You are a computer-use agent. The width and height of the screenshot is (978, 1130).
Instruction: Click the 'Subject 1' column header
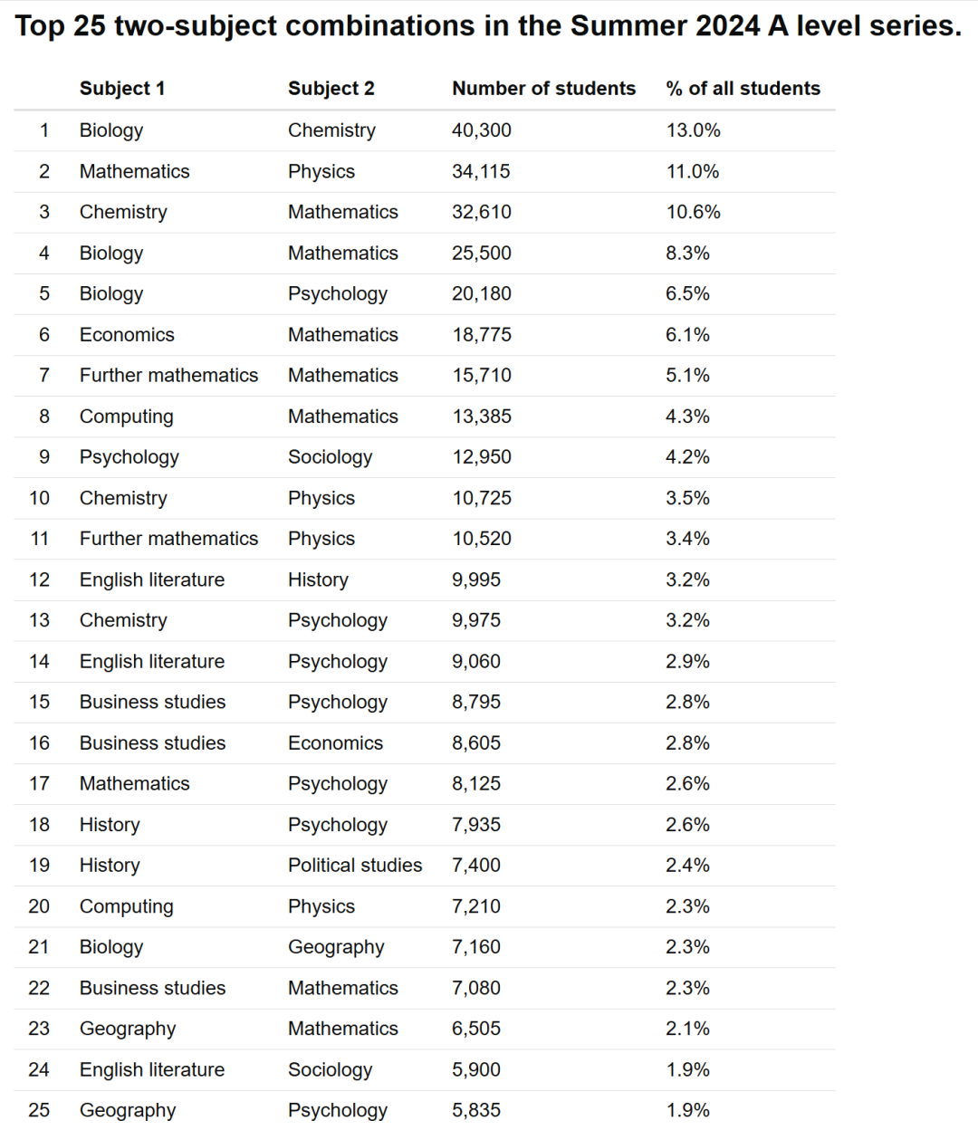pyautogui.click(x=122, y=89)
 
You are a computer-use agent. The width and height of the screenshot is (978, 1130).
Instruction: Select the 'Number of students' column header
pyautogui.click(x=543, y=89)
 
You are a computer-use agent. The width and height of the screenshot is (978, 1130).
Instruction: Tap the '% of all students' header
pyautogui.click(x=743, y=89)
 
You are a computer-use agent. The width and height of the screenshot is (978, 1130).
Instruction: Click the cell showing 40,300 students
pyautogui.click(x=482, y=130)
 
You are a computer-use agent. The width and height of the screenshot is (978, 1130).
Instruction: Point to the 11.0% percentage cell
pyautogui.click(x=693, y=171)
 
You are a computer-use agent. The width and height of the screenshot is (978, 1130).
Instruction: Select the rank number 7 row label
pyautogui.click(x=44, y=376)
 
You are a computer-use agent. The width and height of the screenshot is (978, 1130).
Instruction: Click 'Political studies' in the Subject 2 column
pyautogui.click(x=355, y=866)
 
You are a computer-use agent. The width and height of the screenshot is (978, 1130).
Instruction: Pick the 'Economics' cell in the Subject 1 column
pyautogui.click(x=127, y=335)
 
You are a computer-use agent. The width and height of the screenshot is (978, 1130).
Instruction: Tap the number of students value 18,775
pyautogui.click(x=482, y=335)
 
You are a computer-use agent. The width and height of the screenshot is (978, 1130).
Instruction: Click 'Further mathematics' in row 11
pyautogui.click(x=168, y=539)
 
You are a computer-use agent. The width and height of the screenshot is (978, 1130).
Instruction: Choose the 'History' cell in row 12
pyautogui.click(x=318, y=579)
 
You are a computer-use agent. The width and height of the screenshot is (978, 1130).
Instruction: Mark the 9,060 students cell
pyautogui.click(x=476, y=662)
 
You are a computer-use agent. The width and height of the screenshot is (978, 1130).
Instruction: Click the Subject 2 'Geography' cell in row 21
pyautogui.click(x=336, y=947)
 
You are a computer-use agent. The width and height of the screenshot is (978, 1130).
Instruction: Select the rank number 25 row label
pyautogui.click(x=39, y=1110)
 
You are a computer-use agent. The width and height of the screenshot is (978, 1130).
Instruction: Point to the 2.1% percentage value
pyautogui.click(x=687, y=1029)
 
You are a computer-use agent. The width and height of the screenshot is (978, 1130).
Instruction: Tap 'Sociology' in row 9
pyautogui.click(x=330, y=457)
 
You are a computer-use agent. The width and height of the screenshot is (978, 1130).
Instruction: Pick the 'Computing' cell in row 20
pyautogui.click(x=126, y=906)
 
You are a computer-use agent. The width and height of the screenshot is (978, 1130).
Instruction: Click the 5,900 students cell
pyautogui.click(x=476, y=1069)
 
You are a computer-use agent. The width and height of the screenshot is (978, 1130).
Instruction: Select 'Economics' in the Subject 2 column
pyautogui.click(x=335, y=743)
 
